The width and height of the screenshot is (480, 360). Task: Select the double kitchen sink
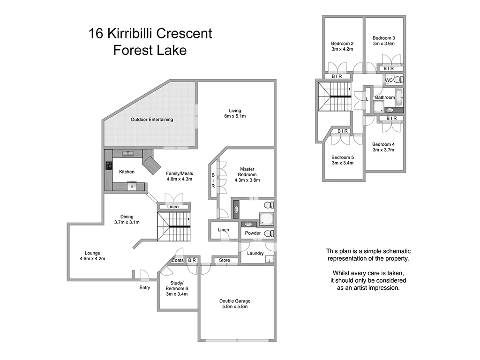point(127,153)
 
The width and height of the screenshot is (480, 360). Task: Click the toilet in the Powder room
point(268,233)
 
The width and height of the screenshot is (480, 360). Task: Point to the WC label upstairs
point(388,81)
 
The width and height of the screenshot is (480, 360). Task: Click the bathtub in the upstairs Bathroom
point(399,97)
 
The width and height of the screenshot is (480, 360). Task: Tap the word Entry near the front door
point(145,287)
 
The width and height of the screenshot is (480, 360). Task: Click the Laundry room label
point(255,253)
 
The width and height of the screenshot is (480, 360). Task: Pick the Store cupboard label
point(224,260)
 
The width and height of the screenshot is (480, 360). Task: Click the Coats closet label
point(178,260)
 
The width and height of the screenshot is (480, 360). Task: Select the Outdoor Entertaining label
point(152,120)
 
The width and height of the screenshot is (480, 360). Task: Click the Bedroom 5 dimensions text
point(342,163)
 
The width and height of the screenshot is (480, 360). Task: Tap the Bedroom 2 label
point(342,46)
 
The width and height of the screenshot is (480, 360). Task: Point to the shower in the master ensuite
point(266,218)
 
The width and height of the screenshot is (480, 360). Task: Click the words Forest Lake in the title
point(150,50)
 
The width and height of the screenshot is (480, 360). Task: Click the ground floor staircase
point(173,226)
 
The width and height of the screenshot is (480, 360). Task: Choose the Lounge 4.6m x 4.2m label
point(92,256)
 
